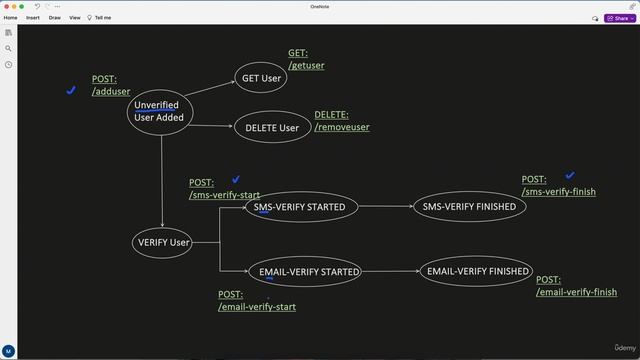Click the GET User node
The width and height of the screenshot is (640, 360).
(x=262, y=78)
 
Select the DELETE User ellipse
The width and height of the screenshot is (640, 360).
(x=272, y=128)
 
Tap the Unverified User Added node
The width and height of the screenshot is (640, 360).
(x=157, y=111)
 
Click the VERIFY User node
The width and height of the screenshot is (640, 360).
(x=162, y=242)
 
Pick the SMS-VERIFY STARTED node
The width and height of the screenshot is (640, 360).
(x=301, y=207)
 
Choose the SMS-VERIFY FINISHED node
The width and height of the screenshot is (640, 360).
(x=469, y=207)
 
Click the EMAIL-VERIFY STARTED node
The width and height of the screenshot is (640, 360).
(x=309, y=271)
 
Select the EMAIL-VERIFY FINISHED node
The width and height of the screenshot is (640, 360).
(x=477, y=271)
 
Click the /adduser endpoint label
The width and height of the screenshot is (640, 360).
(x=111, y=91)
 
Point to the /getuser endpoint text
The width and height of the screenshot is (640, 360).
(x=306, y=66)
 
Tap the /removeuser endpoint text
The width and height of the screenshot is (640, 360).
(x=342, y=127)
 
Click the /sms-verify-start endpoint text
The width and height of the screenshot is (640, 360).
(x=224, y=195)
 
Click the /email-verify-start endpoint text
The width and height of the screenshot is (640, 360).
(x=256, y=307)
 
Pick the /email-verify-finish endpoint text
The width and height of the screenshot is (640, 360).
(x=576, y=292)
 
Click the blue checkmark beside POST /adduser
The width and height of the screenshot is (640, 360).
(x=71, y=90)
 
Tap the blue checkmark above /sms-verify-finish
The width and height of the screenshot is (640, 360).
(x=570, y=176)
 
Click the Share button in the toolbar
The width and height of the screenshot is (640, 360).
(x=619, y=17)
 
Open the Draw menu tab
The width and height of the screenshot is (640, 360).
(x=54, y=17)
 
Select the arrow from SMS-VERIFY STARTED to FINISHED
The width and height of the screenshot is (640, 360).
(x=385, y=207)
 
